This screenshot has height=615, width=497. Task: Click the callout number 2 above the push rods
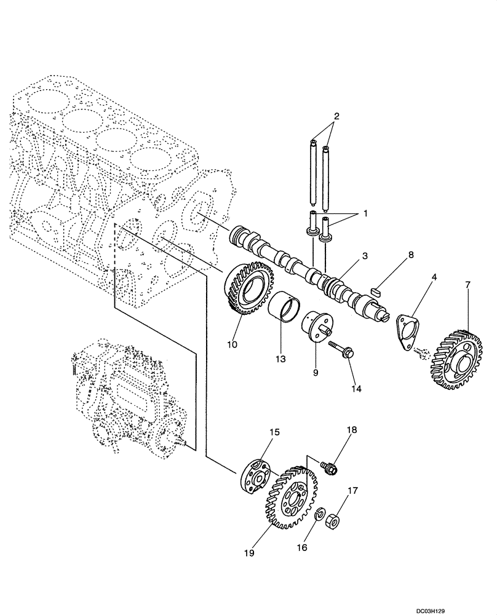point(336,116)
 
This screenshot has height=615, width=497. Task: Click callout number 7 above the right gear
point(467,285)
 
